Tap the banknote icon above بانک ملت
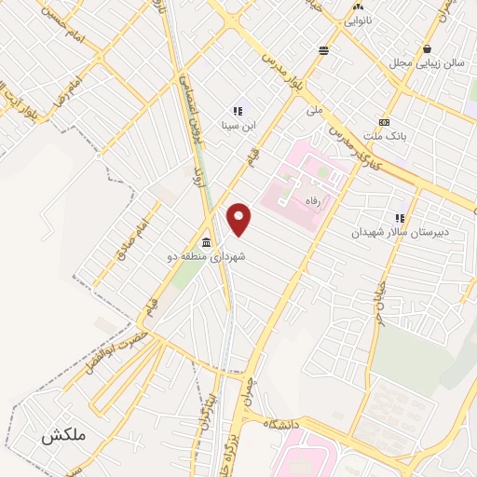tap(384, 122)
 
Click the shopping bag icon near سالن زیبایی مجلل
tap(427, 49)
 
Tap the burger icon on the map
tap(323, 50)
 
